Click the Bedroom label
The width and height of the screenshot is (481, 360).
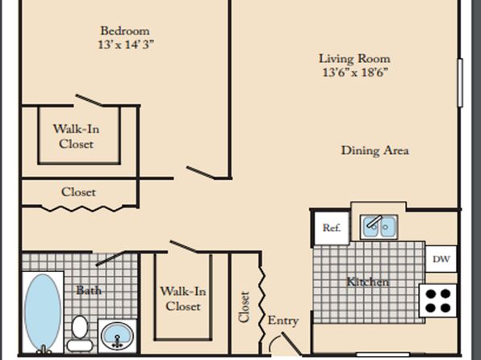click(125, 31)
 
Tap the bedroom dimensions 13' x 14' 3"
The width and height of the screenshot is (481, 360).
click(126, 45)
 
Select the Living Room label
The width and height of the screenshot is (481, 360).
click(354, 58)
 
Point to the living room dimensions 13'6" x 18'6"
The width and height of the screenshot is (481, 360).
click(355, 73)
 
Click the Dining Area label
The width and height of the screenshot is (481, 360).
click(374, 151)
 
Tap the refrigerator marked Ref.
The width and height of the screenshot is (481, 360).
click(332, 228)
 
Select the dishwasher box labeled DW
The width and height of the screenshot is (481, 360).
click(441, 259)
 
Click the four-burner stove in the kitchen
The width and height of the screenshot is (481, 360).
click(437, 301)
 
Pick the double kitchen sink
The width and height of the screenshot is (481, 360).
click(379, 227)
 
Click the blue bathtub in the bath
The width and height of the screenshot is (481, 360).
click(43, 312)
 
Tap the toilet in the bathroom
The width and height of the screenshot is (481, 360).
click(80, 334)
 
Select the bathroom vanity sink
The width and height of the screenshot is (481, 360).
click(117, 336)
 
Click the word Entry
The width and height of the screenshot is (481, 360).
click(282, 320)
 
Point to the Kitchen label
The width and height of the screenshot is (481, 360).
click(368, 282)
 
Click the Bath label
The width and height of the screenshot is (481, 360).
click(89, 290)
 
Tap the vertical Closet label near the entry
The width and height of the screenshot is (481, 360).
click(245, 307)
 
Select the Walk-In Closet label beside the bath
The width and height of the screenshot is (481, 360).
click(183, 299)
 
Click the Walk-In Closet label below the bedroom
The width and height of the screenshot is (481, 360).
click(76, 136)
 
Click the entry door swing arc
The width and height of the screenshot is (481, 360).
click(273, 341)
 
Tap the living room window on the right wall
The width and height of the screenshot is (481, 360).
click(460, 83)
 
